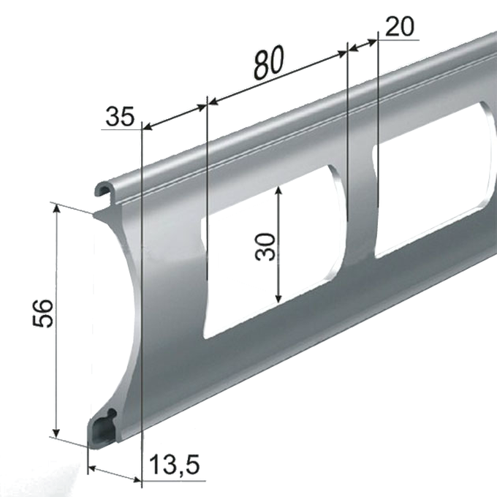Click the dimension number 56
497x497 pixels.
click(42, 313)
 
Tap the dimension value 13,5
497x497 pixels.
click(174, 466)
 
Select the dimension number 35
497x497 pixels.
click(120, 116)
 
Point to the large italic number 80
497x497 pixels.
click(269, 62)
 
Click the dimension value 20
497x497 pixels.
click(400, 26)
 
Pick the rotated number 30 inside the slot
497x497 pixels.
click(265, 247)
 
